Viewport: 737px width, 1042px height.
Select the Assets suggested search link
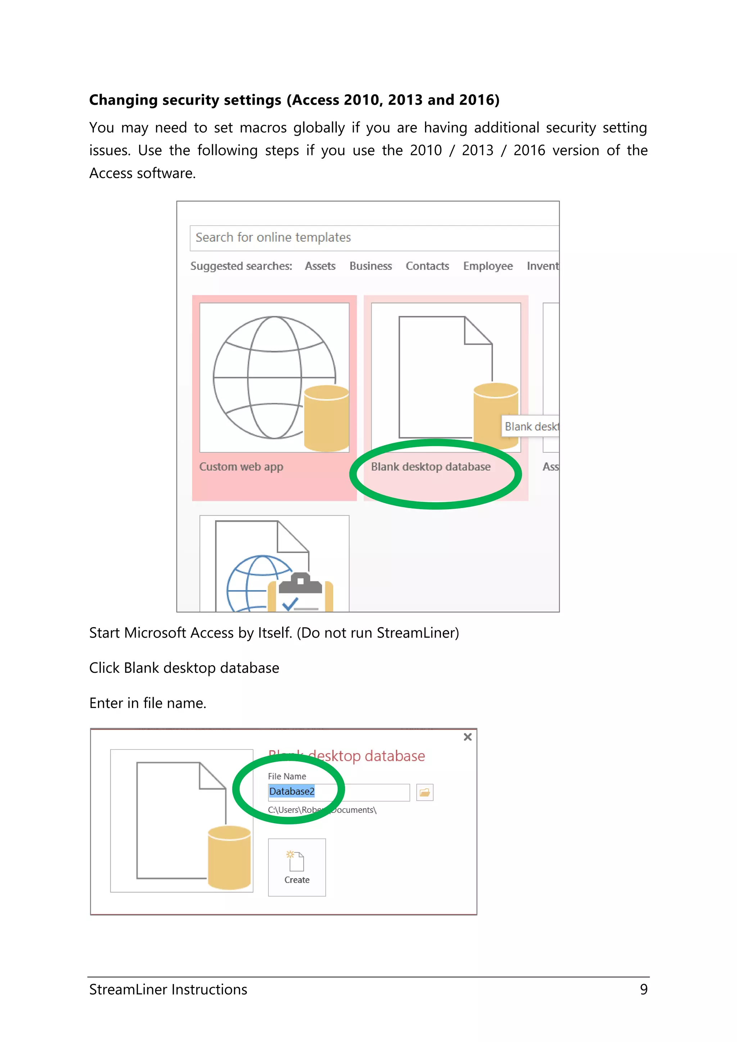(320, 266)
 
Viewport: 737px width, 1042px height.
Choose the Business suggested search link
(370, 266)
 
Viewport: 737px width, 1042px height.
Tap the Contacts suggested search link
(427, 266)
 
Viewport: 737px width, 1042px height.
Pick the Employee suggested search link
(488, 266)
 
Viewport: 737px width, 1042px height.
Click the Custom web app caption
(241, 467)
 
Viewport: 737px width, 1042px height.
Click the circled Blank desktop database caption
(431, 467)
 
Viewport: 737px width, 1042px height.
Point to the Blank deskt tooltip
(530, 427)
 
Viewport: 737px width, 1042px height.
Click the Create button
(297, 867)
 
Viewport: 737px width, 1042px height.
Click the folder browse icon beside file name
(425, 792)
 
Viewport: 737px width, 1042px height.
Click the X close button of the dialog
(467, 737)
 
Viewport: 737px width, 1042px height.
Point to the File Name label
(287, 776)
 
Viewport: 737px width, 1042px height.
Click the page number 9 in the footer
(643, 989)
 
